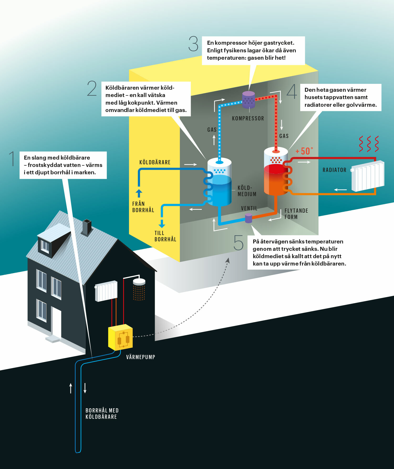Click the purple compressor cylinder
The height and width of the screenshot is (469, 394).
(x=248, y=100)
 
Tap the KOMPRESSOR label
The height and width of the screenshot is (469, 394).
(x=248, y=119)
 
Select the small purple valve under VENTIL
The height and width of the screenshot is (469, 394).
(x=248, y=218)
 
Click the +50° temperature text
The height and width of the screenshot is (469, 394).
(x=304, y=151)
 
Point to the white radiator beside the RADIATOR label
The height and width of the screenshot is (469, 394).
(x=368, y=176)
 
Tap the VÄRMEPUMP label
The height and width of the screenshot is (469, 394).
(x=141, y=357)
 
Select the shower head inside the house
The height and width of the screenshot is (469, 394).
(x=139, y=282)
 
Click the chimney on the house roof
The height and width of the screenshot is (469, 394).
(x=87, y=227)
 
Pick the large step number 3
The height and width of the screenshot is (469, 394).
(x=193, y=44)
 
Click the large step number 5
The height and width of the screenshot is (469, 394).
(x=239, y=243)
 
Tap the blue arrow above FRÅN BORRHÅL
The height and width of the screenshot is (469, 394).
(x=139, y=193)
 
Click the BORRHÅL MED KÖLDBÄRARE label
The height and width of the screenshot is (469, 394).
(x=102, y=414)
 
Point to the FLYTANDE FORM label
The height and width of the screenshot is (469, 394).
(x=296, y=214)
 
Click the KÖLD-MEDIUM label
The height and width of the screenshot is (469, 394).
(x=247, y=191)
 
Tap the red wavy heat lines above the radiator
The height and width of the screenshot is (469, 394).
(x=369, y=144)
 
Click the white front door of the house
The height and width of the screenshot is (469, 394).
(x=56, y=323)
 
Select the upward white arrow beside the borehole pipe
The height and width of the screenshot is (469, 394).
(x=71, y=388)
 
